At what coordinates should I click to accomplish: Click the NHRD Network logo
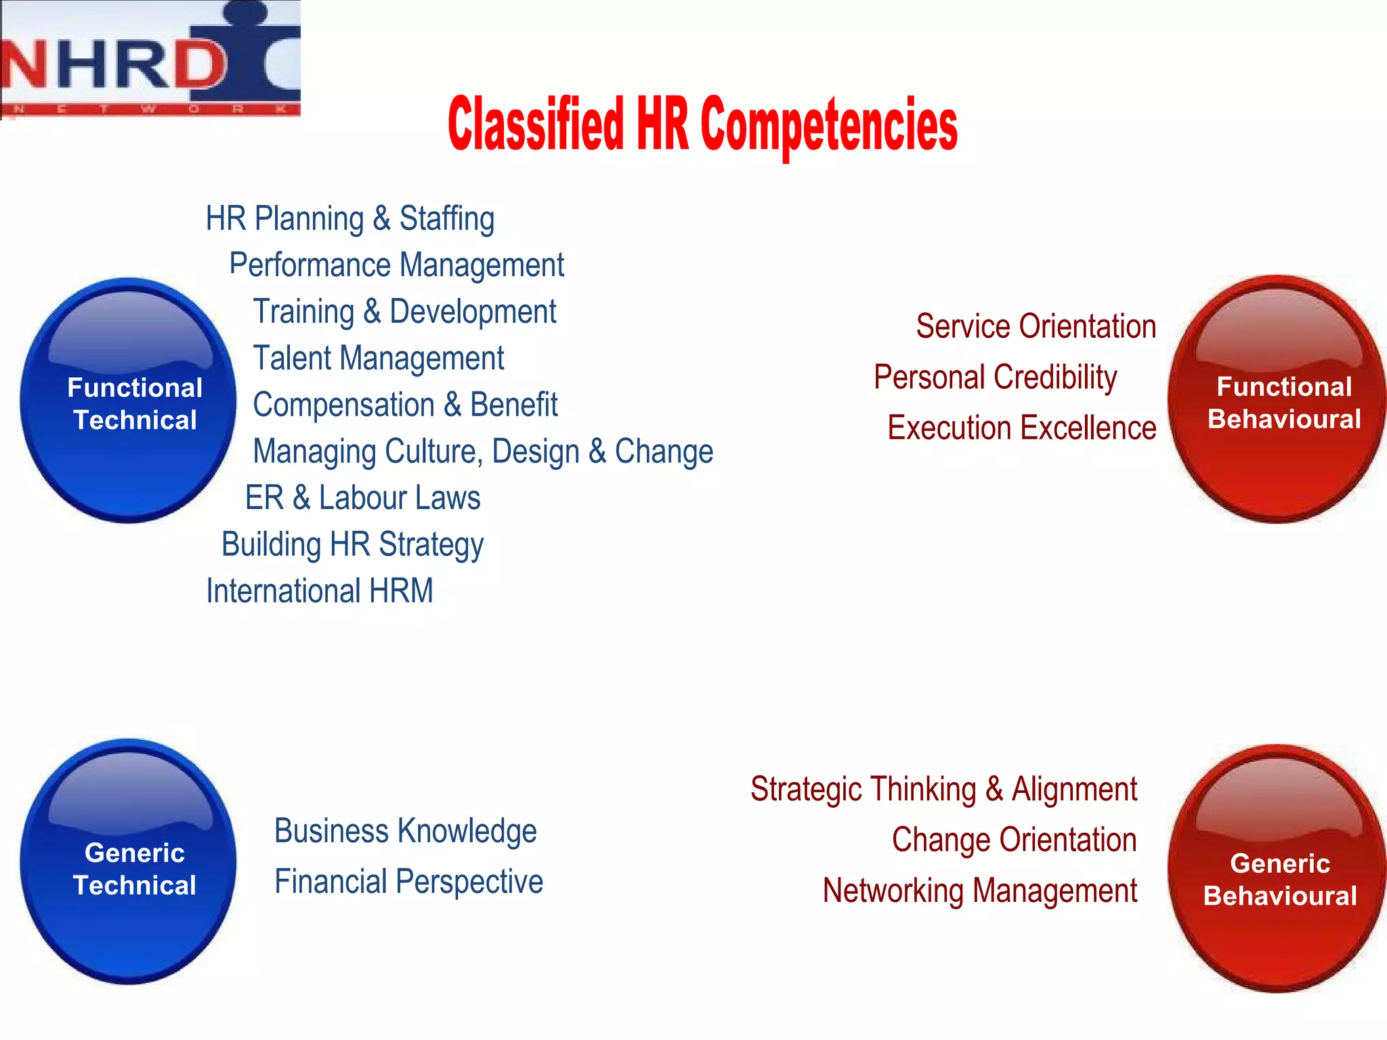point(150,60)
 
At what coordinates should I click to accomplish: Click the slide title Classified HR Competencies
point(702,125)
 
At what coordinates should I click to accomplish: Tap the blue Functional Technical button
point(129,401)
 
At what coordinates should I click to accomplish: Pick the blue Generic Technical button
point(129,862)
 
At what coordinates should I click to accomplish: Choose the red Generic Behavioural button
point(1277,869)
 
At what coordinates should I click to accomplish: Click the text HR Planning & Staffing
point(350,219)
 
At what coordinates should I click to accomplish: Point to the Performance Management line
point(397,265)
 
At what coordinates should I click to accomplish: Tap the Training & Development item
point(404,311)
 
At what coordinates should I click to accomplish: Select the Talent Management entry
point(379,358)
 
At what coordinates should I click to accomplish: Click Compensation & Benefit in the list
point(405,405)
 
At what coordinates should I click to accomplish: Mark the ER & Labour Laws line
point(363,498)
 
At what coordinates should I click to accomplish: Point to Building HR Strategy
point(353,544)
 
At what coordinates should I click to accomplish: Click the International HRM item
point(320,591)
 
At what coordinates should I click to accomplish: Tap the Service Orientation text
point(1036,326)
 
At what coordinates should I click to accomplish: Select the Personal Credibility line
point(995,377)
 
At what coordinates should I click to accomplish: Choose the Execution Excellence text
point(1021,428)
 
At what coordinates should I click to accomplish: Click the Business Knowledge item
point(405,831)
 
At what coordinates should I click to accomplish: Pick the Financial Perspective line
point(408,882)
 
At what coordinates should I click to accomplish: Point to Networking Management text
point(979,891)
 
